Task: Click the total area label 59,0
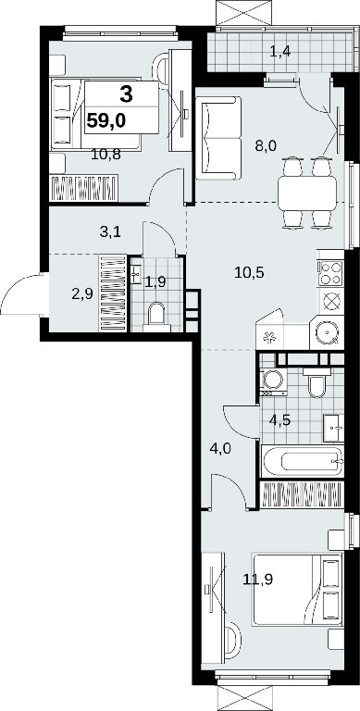click(106, 121)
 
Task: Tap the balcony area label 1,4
click(279, 51)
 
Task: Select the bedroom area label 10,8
click(106, 155)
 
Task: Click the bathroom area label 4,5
click(279, 419)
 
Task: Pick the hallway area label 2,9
click(82, 293)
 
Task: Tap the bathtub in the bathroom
click(302, 461)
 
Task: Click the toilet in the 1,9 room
click(156, 313)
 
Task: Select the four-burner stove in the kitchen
click(330, 273)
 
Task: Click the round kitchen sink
click(327, 333)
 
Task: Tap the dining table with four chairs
click(307, 193)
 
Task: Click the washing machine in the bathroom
click(273, 380)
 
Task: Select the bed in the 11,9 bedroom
click(297, 589)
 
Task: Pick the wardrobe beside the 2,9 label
click(113, 293)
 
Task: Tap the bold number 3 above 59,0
click(127, 94)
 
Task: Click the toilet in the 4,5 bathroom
click(316, 382)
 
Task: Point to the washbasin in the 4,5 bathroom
click(333, 428)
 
